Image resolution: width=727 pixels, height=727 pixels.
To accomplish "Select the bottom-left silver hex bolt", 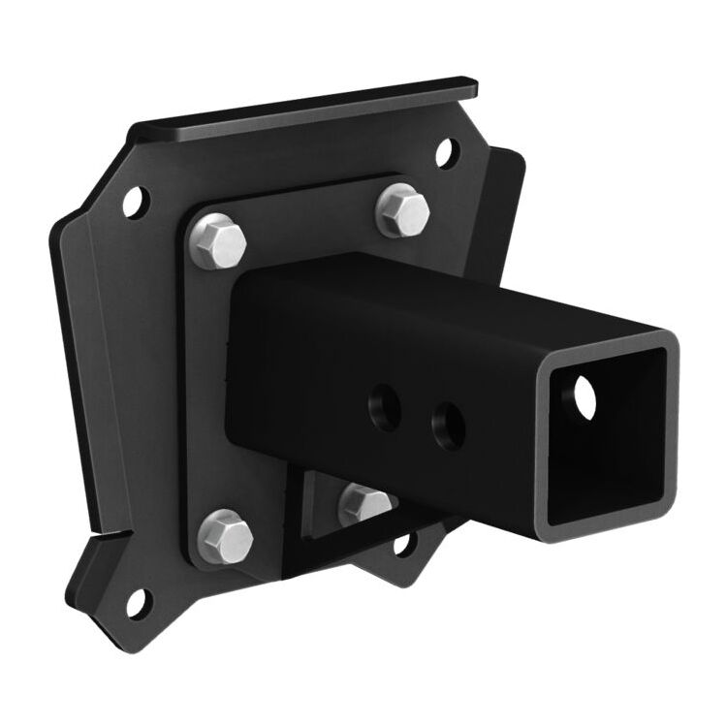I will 226,534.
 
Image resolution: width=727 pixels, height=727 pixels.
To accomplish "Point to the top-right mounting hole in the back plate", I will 445,151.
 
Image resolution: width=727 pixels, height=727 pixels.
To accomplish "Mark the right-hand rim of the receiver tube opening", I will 669,427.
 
